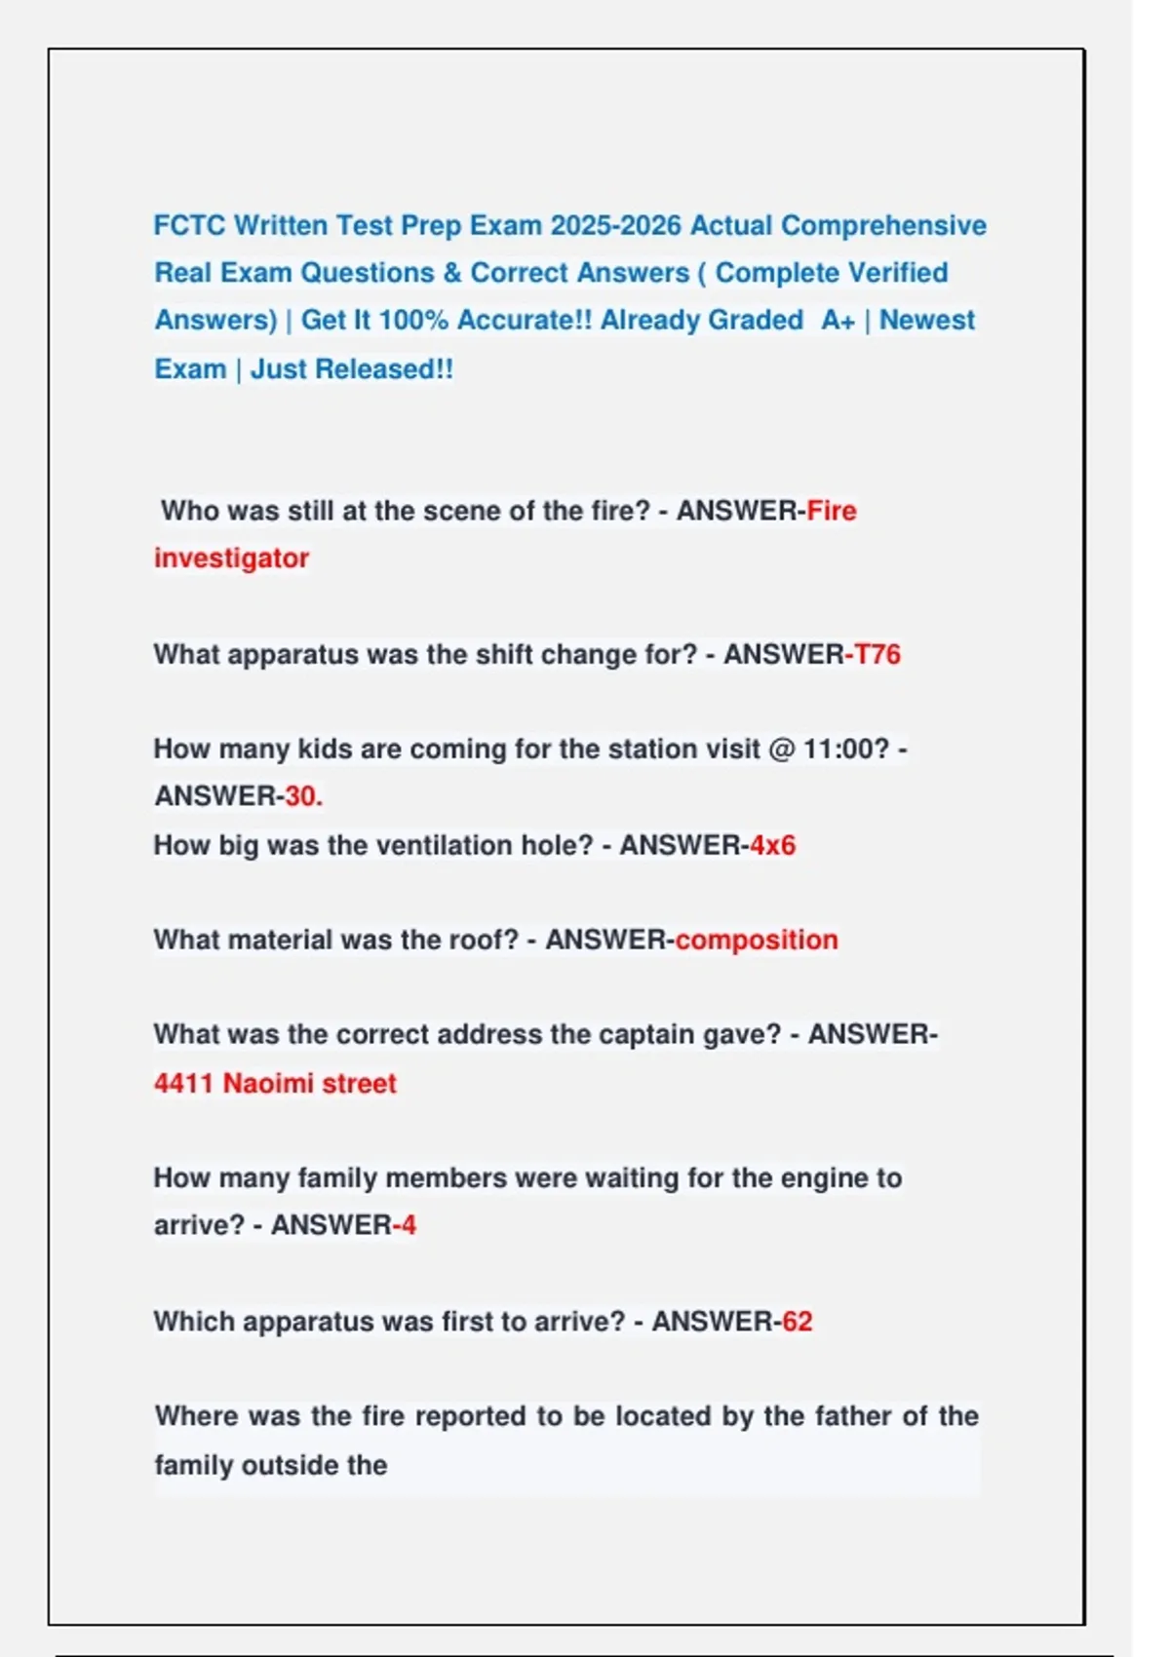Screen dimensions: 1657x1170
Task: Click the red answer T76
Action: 877,654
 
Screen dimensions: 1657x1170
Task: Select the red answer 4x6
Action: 773,845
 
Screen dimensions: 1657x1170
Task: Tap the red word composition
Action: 757,940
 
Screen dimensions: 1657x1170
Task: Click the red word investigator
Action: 231,559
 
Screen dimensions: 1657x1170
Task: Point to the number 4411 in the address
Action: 183,1083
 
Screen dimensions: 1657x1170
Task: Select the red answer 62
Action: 797,1322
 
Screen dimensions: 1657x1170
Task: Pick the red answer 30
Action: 301,796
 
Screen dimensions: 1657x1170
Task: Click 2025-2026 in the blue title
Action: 615,225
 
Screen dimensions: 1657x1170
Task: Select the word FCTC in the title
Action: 189,225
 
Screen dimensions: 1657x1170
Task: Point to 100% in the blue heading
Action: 413,321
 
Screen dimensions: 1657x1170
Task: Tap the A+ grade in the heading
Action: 838,321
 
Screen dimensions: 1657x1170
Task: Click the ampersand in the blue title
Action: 452,273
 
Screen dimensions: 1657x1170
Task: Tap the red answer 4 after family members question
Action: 409,1225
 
